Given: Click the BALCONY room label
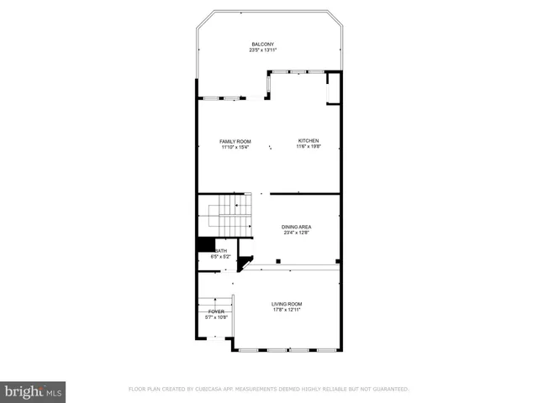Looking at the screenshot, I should (262, 44).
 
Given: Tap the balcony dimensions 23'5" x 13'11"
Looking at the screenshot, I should (262, 50).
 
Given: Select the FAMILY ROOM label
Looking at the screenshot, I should (235, 141).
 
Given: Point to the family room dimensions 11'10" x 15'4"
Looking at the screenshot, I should (235, 148).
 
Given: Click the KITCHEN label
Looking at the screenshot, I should (309, 140).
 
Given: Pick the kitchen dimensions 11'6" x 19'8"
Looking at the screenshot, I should (309, 147).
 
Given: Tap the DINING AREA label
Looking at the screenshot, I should (297, 226).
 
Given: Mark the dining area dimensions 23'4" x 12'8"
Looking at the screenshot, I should (297, 233).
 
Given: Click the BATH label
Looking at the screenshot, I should (221, 251).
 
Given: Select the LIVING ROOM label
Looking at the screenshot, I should (287, 304).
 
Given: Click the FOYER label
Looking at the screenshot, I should (216, 311).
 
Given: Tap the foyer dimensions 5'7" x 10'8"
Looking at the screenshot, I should (216, 318).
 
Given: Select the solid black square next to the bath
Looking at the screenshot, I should (205, 244).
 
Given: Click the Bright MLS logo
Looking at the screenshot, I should (34, 391).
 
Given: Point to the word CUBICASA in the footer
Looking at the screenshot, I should (211, 390).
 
